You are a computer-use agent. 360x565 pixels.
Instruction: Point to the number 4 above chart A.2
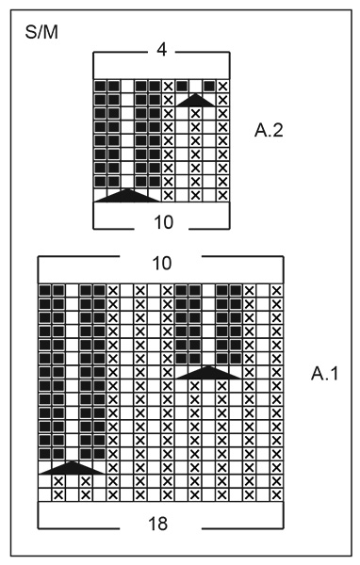161,49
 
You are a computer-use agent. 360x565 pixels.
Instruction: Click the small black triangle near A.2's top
195,98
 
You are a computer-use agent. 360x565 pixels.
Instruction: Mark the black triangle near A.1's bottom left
72,467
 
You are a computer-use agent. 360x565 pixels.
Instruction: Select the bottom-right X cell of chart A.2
222,195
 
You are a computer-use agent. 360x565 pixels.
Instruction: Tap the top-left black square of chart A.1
44,290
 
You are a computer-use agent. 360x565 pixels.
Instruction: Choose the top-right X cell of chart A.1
276,290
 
